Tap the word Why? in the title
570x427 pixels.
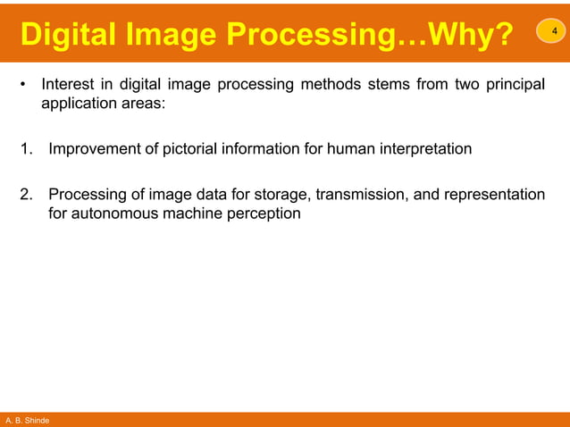point(473,36)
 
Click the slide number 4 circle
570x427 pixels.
point(551,33)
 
